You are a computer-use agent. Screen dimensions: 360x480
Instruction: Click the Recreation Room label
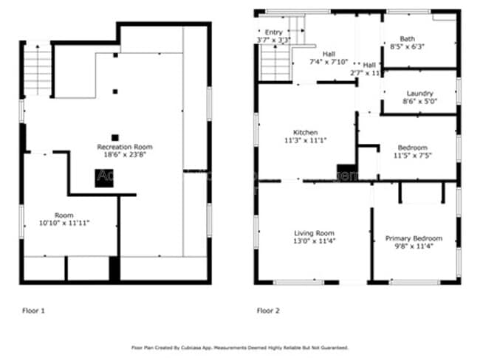coord(124,147)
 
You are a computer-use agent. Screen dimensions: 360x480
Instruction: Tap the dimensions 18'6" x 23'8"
coord(124,155)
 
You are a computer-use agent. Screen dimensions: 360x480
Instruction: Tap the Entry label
coord(274,32)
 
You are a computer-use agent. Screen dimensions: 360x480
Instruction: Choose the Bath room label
coord(407,38)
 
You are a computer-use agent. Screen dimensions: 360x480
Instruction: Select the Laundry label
coord(419,94)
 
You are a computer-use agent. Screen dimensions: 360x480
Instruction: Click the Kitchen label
coord(305,132)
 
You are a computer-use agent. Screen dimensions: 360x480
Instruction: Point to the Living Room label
coord(315,232)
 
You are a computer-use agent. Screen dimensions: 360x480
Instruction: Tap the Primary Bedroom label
coord(414,238)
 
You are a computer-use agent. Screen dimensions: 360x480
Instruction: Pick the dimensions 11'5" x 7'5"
coord(412,156)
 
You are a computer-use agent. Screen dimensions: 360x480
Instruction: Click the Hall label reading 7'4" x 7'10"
coord(329,54)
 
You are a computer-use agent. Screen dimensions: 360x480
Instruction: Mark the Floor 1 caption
coord(32,311)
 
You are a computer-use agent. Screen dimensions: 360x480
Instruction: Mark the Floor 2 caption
coord(268,311)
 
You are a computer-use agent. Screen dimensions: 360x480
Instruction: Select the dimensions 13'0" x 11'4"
coord(315,240)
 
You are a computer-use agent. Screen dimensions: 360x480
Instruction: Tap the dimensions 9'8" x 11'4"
coord(413,246)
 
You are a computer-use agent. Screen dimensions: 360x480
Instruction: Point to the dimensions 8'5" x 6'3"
coord(407,46)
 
